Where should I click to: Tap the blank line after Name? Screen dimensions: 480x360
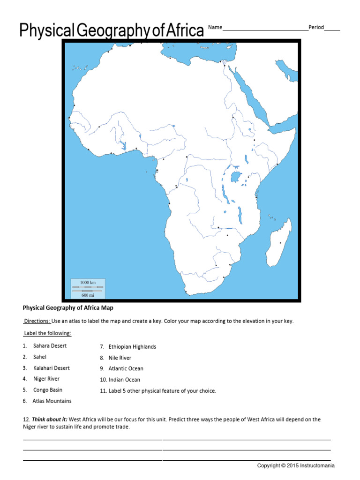[265, 29]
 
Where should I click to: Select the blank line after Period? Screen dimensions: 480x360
[332, 29]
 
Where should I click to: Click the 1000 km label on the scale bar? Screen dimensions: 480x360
[88, 283]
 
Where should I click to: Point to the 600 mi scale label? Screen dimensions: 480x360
[88, 295]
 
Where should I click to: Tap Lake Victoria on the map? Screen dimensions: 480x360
[236, 177]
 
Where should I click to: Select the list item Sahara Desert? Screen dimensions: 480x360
[50, 346]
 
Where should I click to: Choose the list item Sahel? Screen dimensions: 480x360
[40, 357]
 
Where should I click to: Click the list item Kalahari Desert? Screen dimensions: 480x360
[51, 368]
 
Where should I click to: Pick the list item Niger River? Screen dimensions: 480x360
[46, 379]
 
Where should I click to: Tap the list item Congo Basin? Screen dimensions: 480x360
[48, 390]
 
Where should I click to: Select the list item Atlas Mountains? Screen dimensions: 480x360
[52, 401]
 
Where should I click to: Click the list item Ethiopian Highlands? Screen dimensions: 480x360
[132, 347]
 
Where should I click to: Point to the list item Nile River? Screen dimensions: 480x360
[120, 358]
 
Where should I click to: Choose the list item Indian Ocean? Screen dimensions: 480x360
[124, 380]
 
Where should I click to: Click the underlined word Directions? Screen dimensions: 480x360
[37, 321]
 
